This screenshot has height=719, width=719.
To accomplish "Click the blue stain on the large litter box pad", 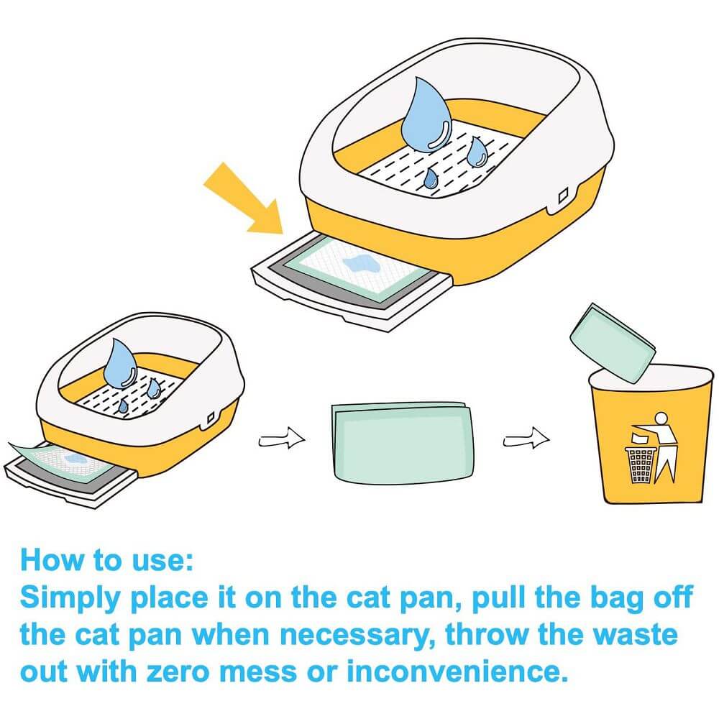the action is (x=360, y=264).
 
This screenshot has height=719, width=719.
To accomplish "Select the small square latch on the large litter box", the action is (x=564, y=196).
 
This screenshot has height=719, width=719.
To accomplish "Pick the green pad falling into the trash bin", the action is (x=613, y=342).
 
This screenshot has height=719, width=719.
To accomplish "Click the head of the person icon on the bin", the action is (x=661, y=418).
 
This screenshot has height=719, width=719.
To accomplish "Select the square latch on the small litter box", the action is (x=211, y=418).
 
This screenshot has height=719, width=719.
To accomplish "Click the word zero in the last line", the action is (x=178, y=672).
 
